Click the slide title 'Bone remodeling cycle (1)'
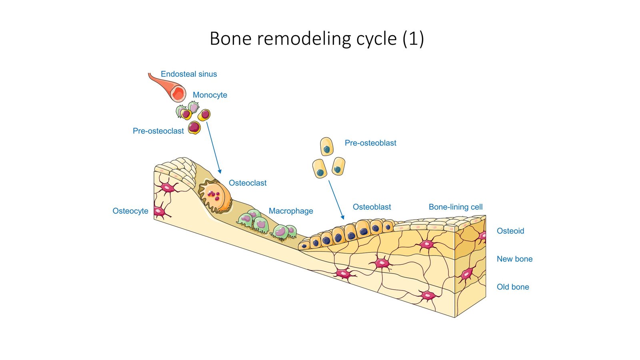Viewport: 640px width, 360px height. [x=316, y=39]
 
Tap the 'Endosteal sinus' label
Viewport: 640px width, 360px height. [x=189, y=74]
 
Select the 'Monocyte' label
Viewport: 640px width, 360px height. [x=210, y=95]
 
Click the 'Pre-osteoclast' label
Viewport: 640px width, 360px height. [x=158, y=131]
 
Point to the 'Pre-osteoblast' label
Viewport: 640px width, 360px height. [x=370, y=143]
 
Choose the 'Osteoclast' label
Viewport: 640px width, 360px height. [x=248, y=183]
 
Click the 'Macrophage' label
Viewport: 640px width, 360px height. [x=291, y=211]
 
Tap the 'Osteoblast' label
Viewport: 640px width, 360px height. [x=372, y=207]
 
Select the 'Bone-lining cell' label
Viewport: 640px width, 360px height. [x=456, y=207]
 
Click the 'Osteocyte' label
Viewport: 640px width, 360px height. [x=130, y=211]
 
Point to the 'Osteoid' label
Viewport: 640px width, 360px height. [x=510, y=231]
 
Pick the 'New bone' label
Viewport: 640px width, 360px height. [x=514, y=259]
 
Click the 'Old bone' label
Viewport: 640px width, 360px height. [x=513, y=287]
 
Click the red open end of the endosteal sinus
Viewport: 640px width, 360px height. [x=178, y=94]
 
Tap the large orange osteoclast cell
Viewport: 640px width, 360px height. [x=216, y=196]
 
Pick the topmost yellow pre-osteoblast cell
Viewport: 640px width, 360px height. [x=327, y=146]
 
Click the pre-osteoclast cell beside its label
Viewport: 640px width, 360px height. [x=194, y=128]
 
